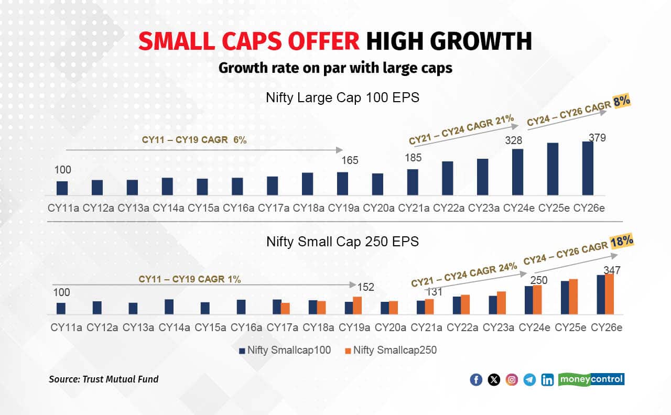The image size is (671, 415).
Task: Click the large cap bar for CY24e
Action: [x=517, y=172]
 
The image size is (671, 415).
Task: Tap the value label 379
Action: [x=597, y=138]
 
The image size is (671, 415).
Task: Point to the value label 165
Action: [x=350, y=160]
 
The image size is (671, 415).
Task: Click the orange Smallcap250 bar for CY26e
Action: [x=609, y=293]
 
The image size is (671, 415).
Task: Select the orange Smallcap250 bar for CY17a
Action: [x=286, y=309]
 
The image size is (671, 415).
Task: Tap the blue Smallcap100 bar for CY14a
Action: [x=169, y=307]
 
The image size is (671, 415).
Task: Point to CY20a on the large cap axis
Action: [x=378, y=208]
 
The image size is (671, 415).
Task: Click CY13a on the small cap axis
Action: [x=138, y=327]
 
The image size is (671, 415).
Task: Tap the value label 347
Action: [x=612, y=270]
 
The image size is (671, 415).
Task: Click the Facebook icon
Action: [x=476, y=380]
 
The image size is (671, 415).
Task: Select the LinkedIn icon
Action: [x=547, y=380]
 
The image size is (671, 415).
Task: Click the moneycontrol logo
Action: [x=592, y=379]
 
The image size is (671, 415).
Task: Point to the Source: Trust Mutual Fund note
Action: [x=103, y=379]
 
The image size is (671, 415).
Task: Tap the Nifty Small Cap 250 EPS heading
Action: [x=342, y=242]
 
